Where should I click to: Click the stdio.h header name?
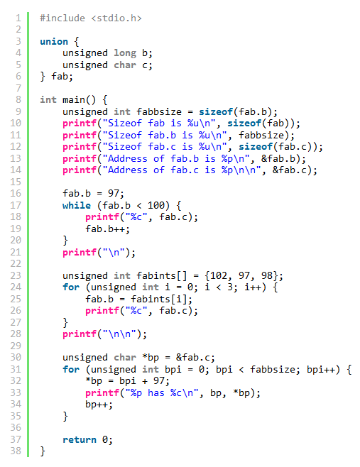(119, 18)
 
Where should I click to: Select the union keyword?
(54, 41)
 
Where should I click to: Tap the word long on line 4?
(125, 53)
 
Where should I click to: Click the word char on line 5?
(125, 65)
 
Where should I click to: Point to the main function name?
(74, 100)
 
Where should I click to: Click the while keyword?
(77, 206)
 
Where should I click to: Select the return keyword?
(80, 440)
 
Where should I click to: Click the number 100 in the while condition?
(156, 206)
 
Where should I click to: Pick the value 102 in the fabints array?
(219, 276)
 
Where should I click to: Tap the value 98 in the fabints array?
(267, 276)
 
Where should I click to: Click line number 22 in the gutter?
(16, 264)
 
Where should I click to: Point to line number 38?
(16, 451)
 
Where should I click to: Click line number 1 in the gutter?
(18, 18)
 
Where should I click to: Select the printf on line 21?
(80, 253)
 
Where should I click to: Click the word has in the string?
(156, 393)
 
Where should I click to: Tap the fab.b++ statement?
(108, 229)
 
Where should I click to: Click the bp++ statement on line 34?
(99, 405)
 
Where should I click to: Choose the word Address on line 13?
(128, 159)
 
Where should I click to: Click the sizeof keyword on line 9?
(216, 112)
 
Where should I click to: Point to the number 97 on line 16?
(113, 194)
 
